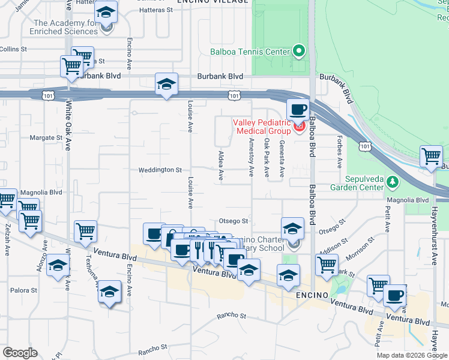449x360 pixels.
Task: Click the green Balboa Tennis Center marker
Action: click(299, 51)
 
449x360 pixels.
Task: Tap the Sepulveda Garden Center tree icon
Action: click(393, 181)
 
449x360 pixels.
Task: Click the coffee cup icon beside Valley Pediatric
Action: click(298, 110)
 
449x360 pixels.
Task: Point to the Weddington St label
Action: click(160, 170)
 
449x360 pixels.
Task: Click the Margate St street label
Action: click(46, 137)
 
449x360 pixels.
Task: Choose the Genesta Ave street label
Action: click(282, 158)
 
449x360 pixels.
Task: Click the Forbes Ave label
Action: click(340, 155)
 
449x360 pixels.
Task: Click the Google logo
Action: click(20, 353)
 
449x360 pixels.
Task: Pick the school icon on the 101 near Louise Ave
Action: click(166, 85)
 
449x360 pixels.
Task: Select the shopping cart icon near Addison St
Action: click(327, 265)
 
